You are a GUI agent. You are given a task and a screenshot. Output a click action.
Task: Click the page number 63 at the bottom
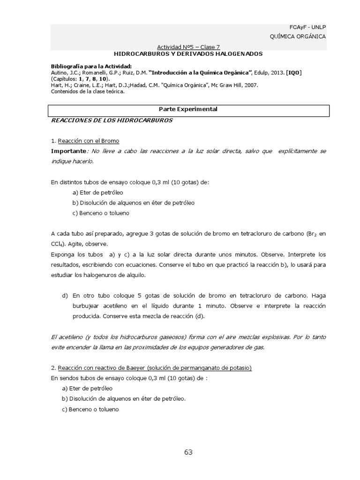coord(188,452)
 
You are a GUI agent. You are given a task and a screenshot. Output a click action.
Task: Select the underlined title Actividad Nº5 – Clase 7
coord(188,47)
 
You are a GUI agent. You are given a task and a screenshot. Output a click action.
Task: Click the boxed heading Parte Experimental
coord(188,109)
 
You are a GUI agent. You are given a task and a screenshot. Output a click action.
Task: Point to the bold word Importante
coord(68,151)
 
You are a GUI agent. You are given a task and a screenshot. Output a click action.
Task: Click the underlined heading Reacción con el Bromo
coord(88,141)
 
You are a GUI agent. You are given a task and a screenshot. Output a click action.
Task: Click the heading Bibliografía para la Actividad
coord(91,67)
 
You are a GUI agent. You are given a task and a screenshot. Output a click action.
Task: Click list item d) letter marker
coord(65,296)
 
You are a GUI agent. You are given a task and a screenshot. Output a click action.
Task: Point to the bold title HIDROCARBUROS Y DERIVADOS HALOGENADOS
coord(188,54)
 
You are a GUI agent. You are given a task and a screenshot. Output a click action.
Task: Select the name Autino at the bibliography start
coord(59,73)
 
